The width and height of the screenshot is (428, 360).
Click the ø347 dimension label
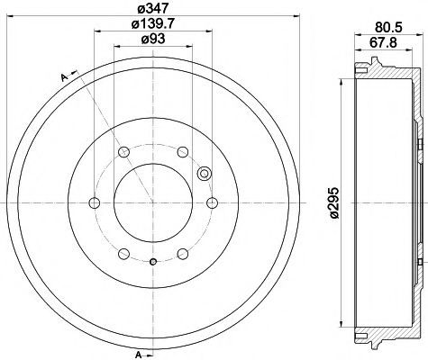(153, 8)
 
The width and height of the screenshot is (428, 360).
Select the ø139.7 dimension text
(153, 23)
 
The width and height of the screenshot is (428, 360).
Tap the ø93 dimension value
(153, 39)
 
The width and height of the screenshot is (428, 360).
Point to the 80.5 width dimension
(388, 27)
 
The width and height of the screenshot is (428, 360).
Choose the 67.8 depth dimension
(383, 42)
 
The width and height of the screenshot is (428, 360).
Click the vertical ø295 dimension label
(334, 203)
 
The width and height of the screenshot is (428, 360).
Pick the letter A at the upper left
(64, 77)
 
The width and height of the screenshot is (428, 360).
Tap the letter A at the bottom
(139, 355)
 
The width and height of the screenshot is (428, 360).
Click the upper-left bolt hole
(123, 152)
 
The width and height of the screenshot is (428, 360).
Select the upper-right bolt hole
(183, 152)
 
